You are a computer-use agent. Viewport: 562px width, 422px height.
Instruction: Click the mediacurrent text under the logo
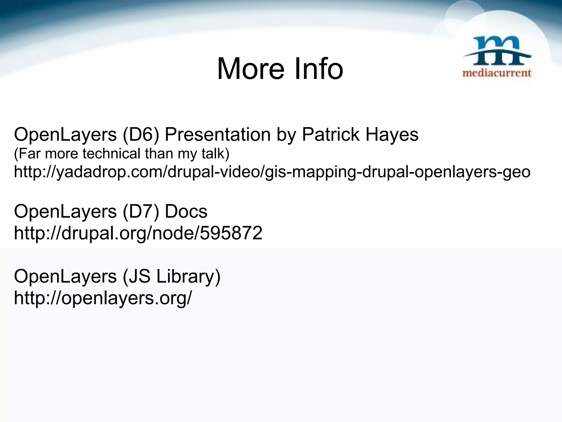(x=497, y=73)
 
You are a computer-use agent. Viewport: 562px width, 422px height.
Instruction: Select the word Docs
(x=186, y=212)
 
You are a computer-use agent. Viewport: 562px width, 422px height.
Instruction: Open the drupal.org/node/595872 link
(x=138, y=233)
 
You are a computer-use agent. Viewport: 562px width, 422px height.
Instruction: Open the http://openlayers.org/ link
(x=103, y=298)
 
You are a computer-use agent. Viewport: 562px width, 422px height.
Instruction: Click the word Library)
(x=188, y=276)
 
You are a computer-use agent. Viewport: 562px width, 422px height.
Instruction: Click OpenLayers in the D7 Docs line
(x=65, y=212)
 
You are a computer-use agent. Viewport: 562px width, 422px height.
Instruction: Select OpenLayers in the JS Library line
(x=65, y=276)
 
